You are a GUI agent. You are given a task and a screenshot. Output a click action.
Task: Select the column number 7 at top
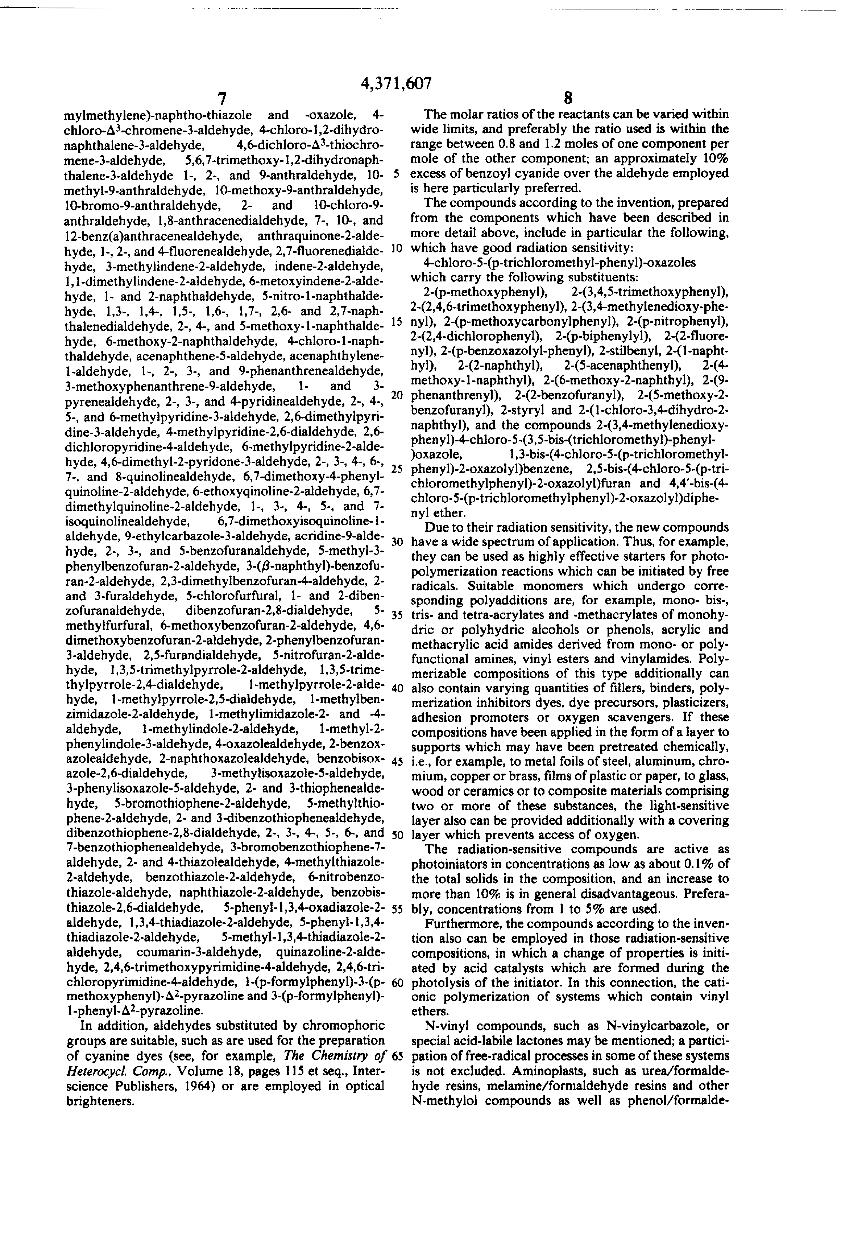pos(222,99)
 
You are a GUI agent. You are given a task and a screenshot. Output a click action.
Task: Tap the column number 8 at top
pos(568,99)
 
